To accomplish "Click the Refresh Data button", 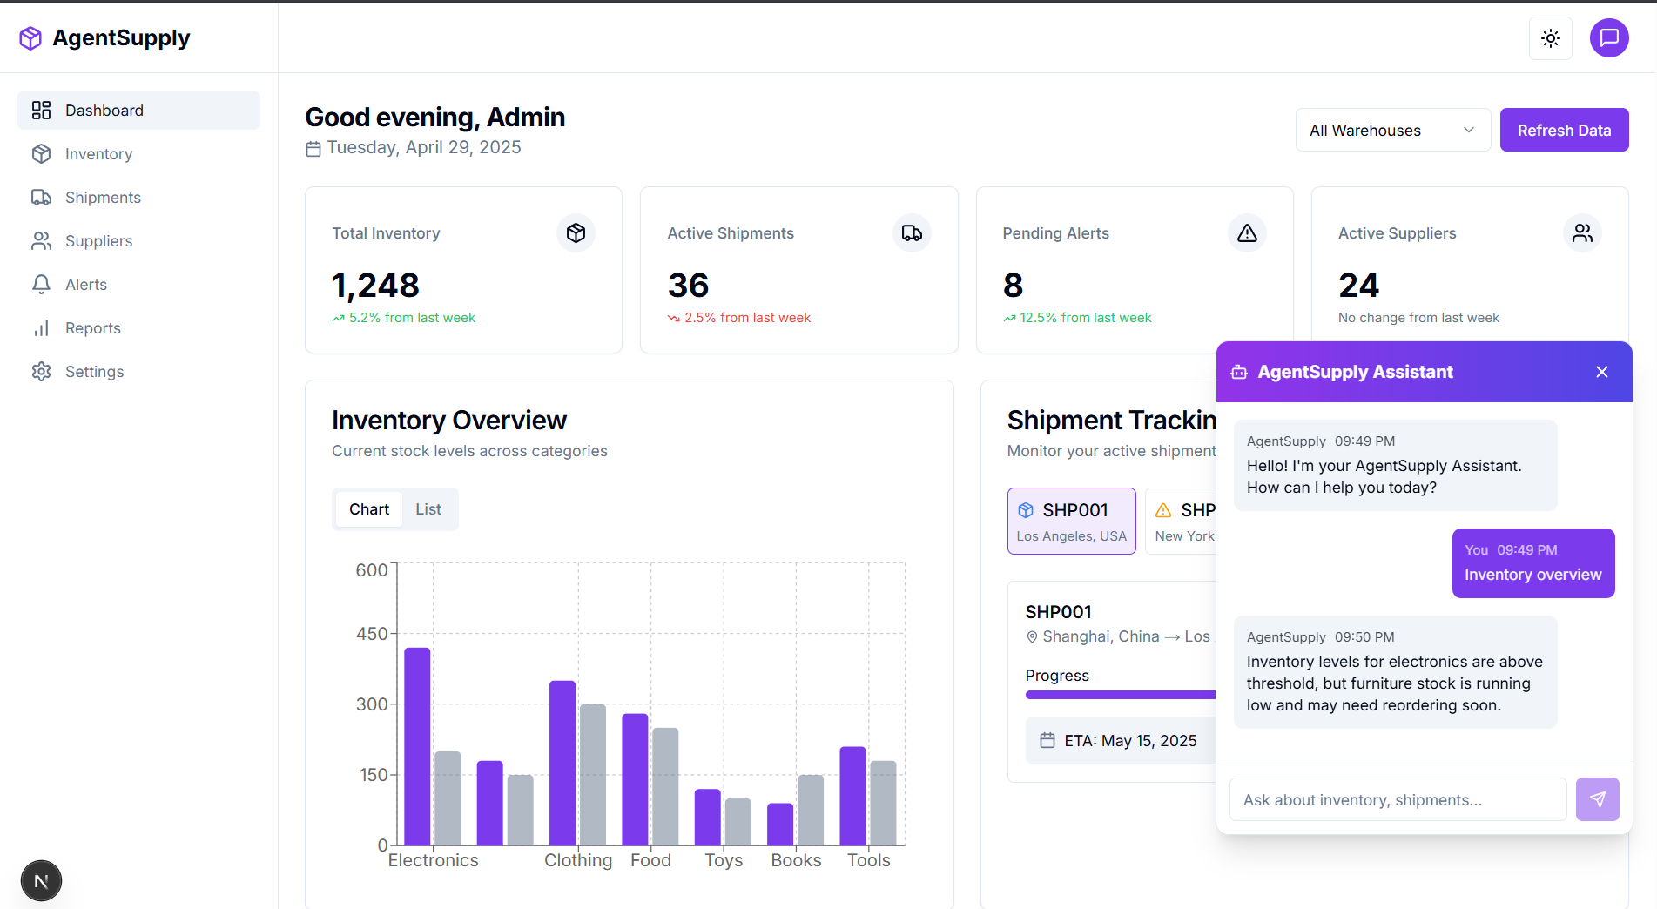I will click(x=1564, y=131).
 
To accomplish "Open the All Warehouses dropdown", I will click(x=1392, y=131).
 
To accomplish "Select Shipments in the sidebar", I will click(x=103, y=198).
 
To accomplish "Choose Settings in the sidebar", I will click(x=94, y=372).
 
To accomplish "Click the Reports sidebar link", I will click(x=92, y=328).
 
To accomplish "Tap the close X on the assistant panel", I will click(x=1601, y=372).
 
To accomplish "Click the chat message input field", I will click(x=1397, y=800).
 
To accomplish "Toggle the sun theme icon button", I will click(x=1550, y=38).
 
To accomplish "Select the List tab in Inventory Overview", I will click(x=428, y=509).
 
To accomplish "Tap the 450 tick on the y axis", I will click(x=372, y=634).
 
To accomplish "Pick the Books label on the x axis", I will click(x=796, y=860).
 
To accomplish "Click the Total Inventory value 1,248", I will click(x=375, y=286).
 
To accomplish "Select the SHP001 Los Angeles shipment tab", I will click(x=1071, y=521).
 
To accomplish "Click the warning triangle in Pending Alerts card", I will click(x=1247, y=233).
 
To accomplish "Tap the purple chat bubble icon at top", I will click(x=1608, y=38).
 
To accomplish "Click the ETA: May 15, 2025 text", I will click(x=1130, y=741).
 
